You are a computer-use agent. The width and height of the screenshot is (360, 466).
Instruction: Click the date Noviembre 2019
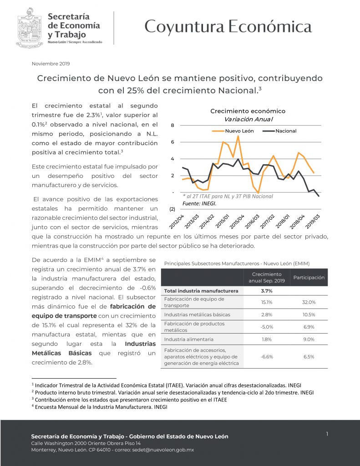point(51,64)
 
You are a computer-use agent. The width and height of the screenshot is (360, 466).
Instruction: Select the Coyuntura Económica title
point(228,27)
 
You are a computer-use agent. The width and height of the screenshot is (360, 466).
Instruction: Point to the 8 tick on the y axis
point(172,125)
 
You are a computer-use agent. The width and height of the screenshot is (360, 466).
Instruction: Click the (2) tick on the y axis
point(172,209)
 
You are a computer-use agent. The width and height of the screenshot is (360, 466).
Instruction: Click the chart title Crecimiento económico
point(248,111)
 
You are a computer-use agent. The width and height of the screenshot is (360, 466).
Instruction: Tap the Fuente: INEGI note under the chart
point(199,203)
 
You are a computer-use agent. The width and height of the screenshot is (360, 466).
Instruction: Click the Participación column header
point(309,277)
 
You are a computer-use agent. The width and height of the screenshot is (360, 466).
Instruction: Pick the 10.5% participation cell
point(309,314)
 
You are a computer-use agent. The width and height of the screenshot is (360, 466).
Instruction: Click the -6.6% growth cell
point(267,357)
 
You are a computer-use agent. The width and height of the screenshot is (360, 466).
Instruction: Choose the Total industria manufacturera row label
point(201,290)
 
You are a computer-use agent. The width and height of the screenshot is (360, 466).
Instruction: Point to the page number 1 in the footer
point(327,434)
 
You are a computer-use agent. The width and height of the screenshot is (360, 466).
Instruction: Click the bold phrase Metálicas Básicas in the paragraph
point(62,353)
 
